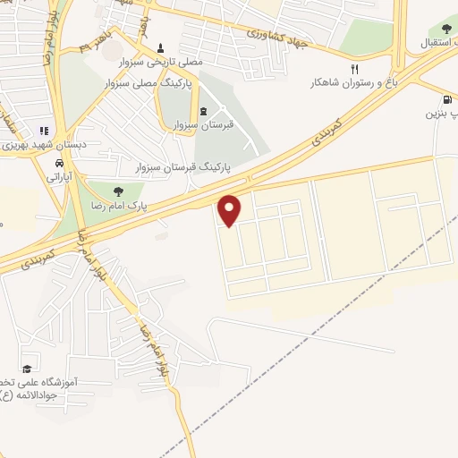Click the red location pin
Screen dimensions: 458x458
231,210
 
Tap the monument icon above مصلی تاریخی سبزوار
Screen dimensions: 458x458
161,47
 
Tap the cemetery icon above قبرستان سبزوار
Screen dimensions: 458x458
203,111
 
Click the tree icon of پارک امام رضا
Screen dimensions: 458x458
117,190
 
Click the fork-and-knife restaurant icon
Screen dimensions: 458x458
355,68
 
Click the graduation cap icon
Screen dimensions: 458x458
27,369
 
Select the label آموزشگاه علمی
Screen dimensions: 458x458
45,382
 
